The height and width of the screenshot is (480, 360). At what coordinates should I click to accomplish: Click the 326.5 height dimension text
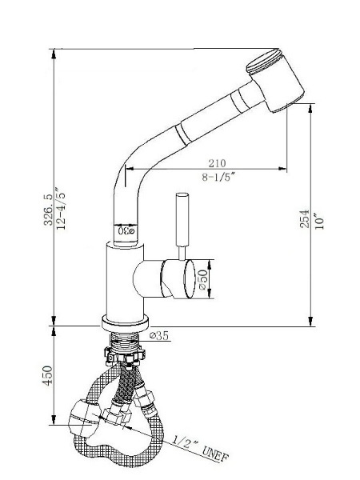pos(48,209)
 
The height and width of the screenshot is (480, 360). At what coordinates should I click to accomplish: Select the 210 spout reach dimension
pos(217,163)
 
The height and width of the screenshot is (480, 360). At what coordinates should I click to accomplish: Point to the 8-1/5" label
pos(218,177)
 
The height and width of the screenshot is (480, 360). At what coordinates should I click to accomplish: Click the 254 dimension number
pos(305,218)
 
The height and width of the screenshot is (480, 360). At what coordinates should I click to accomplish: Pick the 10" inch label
pos(319,221)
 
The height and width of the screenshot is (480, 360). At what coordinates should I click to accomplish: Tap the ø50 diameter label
pos(203,279)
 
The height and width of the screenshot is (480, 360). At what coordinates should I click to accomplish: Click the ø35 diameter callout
pos(159,335)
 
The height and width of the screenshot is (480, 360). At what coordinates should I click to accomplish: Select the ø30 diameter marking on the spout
pos(126,230)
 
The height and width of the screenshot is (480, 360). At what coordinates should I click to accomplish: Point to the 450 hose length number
pos(48,376)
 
